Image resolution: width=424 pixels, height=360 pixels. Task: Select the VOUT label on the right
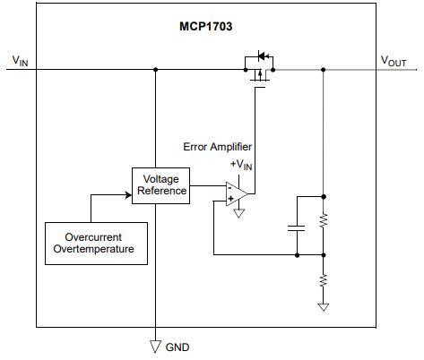(394, 60)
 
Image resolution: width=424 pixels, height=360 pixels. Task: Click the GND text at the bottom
(177, 347)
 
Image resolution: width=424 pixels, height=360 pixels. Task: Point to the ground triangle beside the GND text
(155, 346)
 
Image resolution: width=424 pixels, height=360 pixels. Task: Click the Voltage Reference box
(160, 185)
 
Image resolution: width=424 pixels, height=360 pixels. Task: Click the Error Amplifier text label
(217, 147)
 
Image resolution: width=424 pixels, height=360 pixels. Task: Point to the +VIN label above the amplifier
(242, 164)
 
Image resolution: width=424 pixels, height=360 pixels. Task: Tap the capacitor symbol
(295, 227)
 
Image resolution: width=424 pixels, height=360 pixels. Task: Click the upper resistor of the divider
(324, 219)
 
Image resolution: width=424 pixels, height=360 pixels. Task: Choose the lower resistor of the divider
(324, 281)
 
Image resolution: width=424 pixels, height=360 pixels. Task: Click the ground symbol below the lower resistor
(324, 307)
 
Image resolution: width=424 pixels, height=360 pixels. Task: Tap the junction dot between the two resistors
(324, 254)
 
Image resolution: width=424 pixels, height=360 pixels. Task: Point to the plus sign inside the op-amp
(231, 198)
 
